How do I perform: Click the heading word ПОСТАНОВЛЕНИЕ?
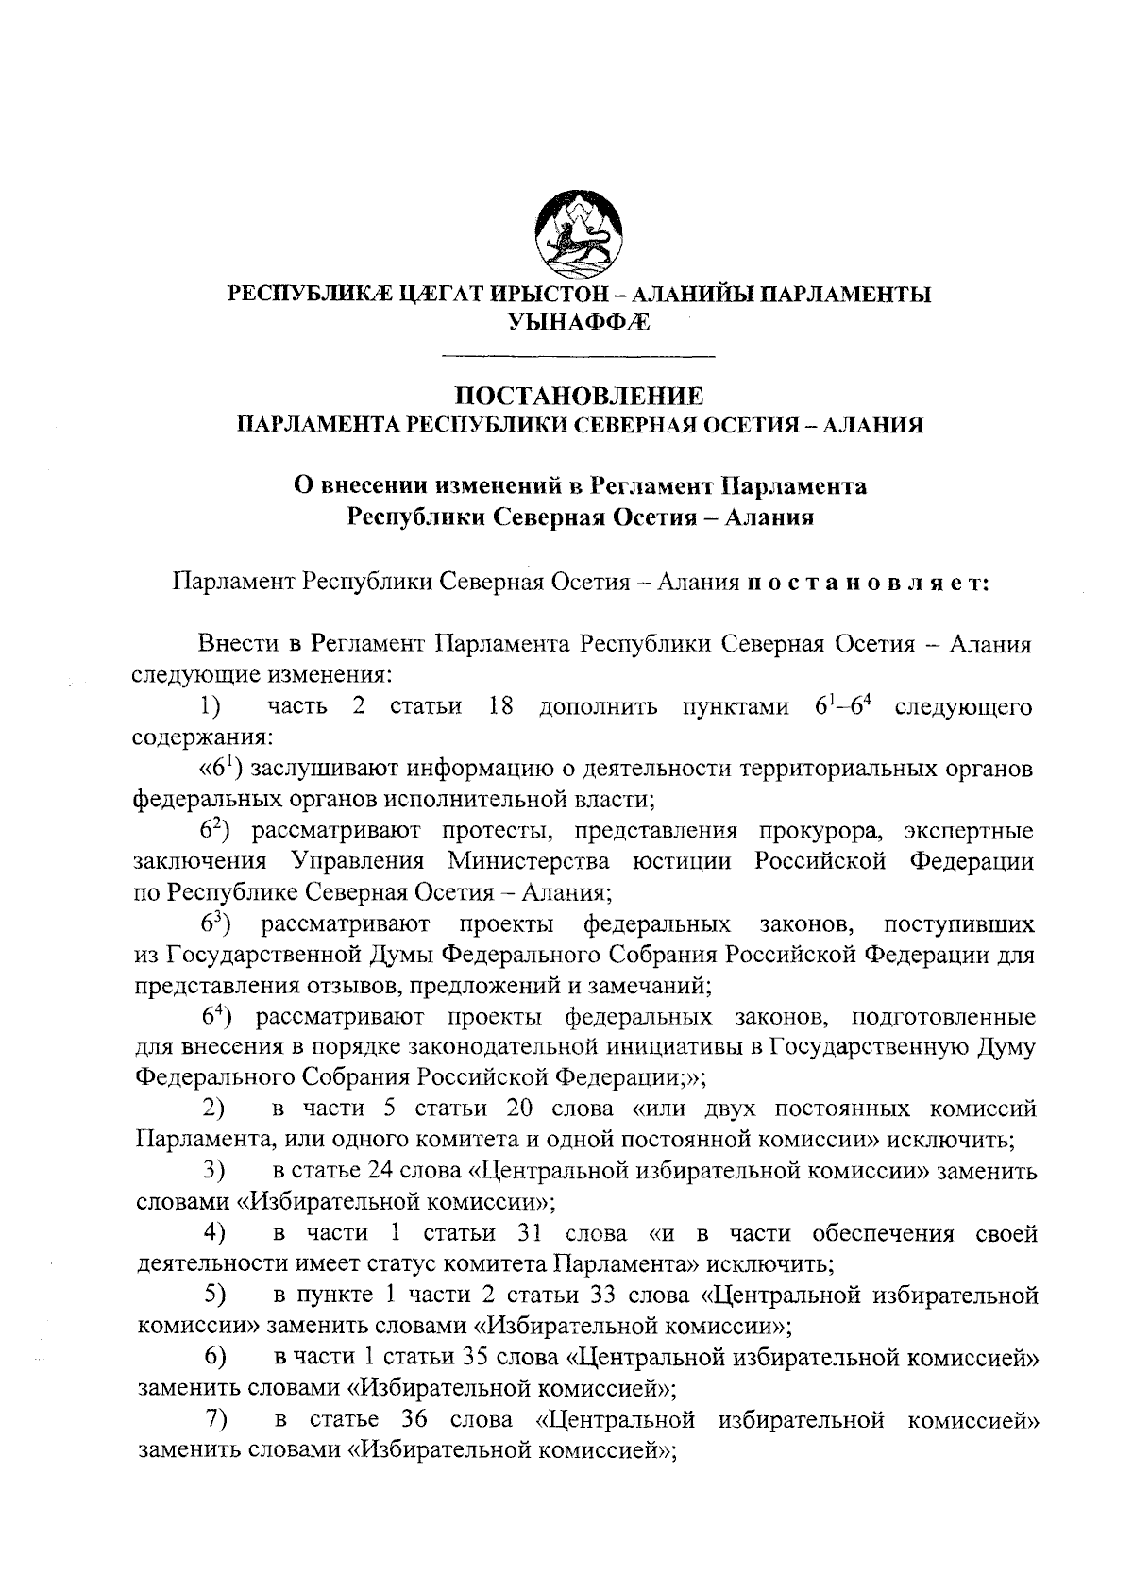tap(579, 396)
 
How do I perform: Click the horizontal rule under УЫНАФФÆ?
tap(579, 356)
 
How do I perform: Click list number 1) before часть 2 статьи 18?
tap(211, 707)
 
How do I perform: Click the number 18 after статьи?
tap(500, 707)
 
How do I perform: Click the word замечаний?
tap(657, 986)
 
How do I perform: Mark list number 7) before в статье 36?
tap(215, 1419)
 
